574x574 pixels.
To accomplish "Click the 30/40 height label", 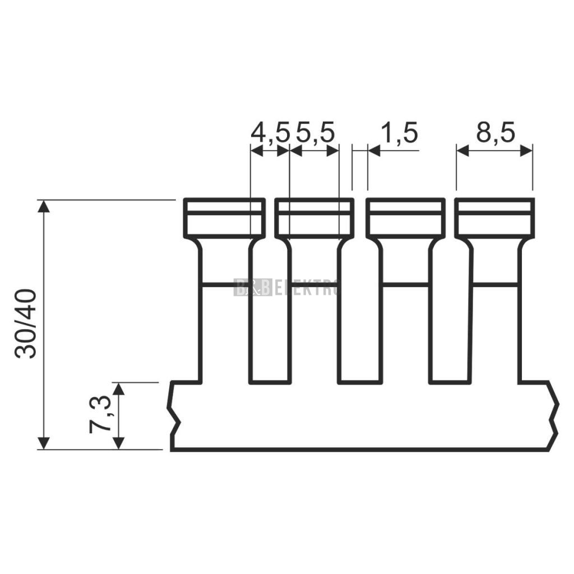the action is (x=26, y=323).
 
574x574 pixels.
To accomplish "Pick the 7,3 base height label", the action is (x=100, y=414).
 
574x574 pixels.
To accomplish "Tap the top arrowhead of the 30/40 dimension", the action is (x=44, y=206).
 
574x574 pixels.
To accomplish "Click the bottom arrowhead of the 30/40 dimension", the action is (x=44, y=443).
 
